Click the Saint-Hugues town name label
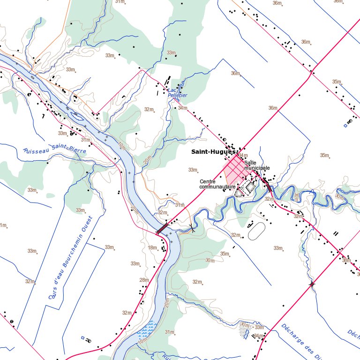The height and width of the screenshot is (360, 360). (213, 152)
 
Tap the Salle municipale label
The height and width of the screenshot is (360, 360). (256, 165)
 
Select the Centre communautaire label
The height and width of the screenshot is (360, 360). (217, 184)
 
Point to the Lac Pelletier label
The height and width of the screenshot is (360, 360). (177, 92)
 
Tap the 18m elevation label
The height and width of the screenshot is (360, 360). (152, 247)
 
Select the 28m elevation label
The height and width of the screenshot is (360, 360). (144, 280)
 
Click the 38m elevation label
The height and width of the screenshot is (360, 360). (346, 260)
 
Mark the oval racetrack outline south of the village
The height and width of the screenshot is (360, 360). (256, 231)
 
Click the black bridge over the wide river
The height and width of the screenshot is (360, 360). (162, 229)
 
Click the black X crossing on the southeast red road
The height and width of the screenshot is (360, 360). (312, 284)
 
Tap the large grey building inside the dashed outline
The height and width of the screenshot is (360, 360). (251, 187)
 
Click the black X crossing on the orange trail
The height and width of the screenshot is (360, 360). (192, 228)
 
